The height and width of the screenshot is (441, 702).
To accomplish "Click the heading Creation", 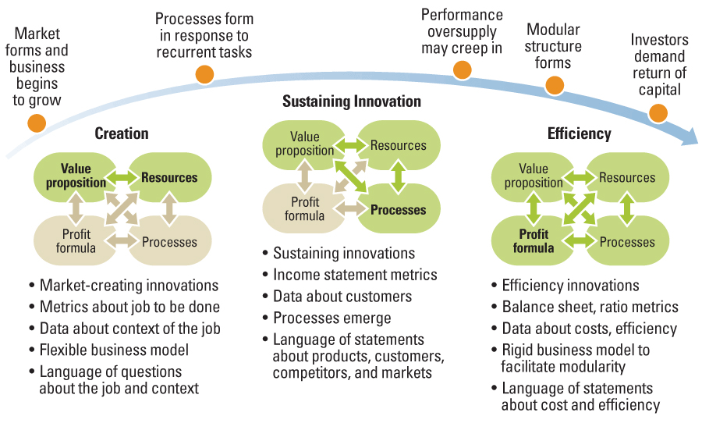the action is (122, 133).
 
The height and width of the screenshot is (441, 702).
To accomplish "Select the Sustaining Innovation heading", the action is (352, 101).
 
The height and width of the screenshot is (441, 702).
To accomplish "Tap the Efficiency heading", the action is (580, 133).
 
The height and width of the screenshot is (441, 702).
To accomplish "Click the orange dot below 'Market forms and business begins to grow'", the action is (37, 123).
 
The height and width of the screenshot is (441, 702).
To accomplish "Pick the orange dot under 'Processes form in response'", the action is (204, 74).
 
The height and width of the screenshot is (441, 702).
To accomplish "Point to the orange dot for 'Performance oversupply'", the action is (462, 70).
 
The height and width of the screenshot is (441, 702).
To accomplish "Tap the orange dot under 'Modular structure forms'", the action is (555, 85).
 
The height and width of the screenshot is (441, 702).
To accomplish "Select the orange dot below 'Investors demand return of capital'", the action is (658, 113).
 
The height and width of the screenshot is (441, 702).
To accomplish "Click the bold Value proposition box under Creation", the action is (75, 176).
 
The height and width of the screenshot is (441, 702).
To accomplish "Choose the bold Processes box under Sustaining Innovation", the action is (399, 209).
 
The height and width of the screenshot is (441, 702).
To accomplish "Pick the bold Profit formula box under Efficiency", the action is (534, 240).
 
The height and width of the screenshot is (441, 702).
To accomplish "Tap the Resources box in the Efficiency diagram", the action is (627, 177).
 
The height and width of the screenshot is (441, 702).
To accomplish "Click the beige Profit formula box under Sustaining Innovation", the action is (304, 209).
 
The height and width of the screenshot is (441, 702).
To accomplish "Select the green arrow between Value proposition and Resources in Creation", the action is (122, 178).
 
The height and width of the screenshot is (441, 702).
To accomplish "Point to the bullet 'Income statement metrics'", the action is (350, 275).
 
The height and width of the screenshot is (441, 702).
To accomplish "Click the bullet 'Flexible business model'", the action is (108, 350).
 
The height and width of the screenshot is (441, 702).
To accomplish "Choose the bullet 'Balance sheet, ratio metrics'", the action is (585, 307).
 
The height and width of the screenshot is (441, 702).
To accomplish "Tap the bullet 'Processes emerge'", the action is (327, 318).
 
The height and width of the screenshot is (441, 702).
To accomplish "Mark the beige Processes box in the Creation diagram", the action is (170, 240).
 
